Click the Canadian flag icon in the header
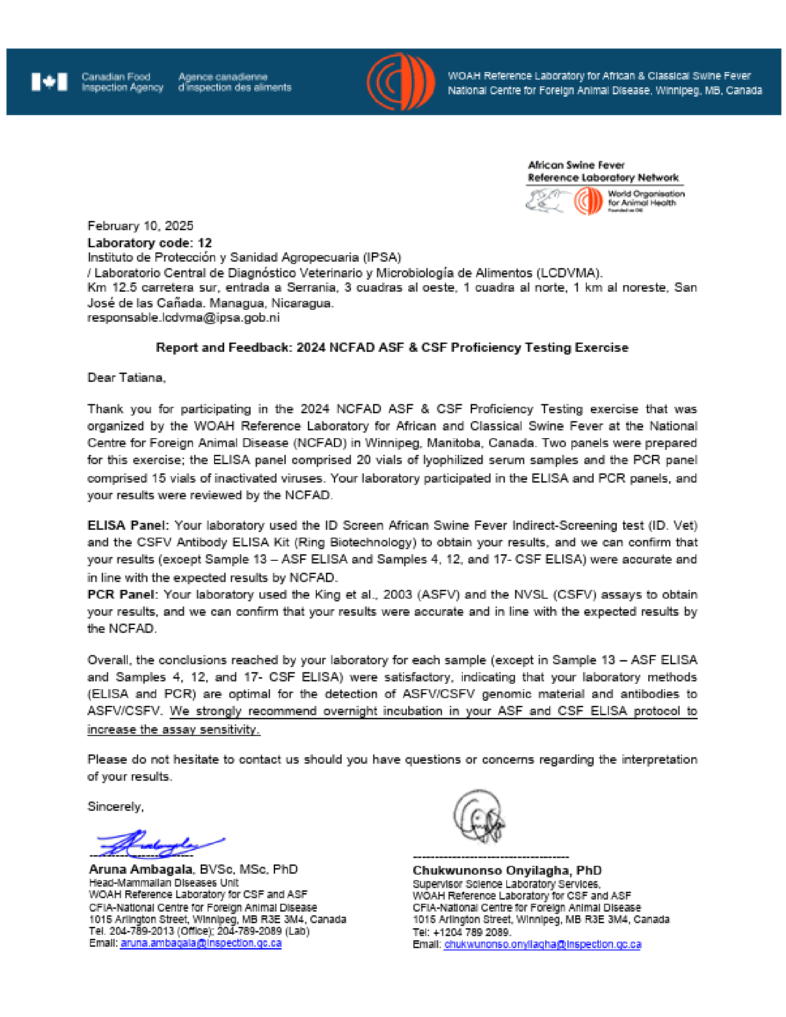pos(49,82)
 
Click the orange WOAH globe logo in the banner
pos(400,81)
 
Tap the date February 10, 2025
pos(140,226)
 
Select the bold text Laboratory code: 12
pos(149,243)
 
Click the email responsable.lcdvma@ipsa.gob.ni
pos(184,318)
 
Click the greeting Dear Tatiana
pos(126,377)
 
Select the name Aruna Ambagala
pos(140,870)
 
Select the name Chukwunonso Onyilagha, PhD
pos(507,870)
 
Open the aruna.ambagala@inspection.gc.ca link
pos(201,943)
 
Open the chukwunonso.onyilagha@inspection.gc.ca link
pos(542,944)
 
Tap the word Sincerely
pos(115,807)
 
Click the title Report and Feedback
pos(392,347)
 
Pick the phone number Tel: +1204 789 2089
pos(461,932)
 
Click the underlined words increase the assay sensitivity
pos(173,729)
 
